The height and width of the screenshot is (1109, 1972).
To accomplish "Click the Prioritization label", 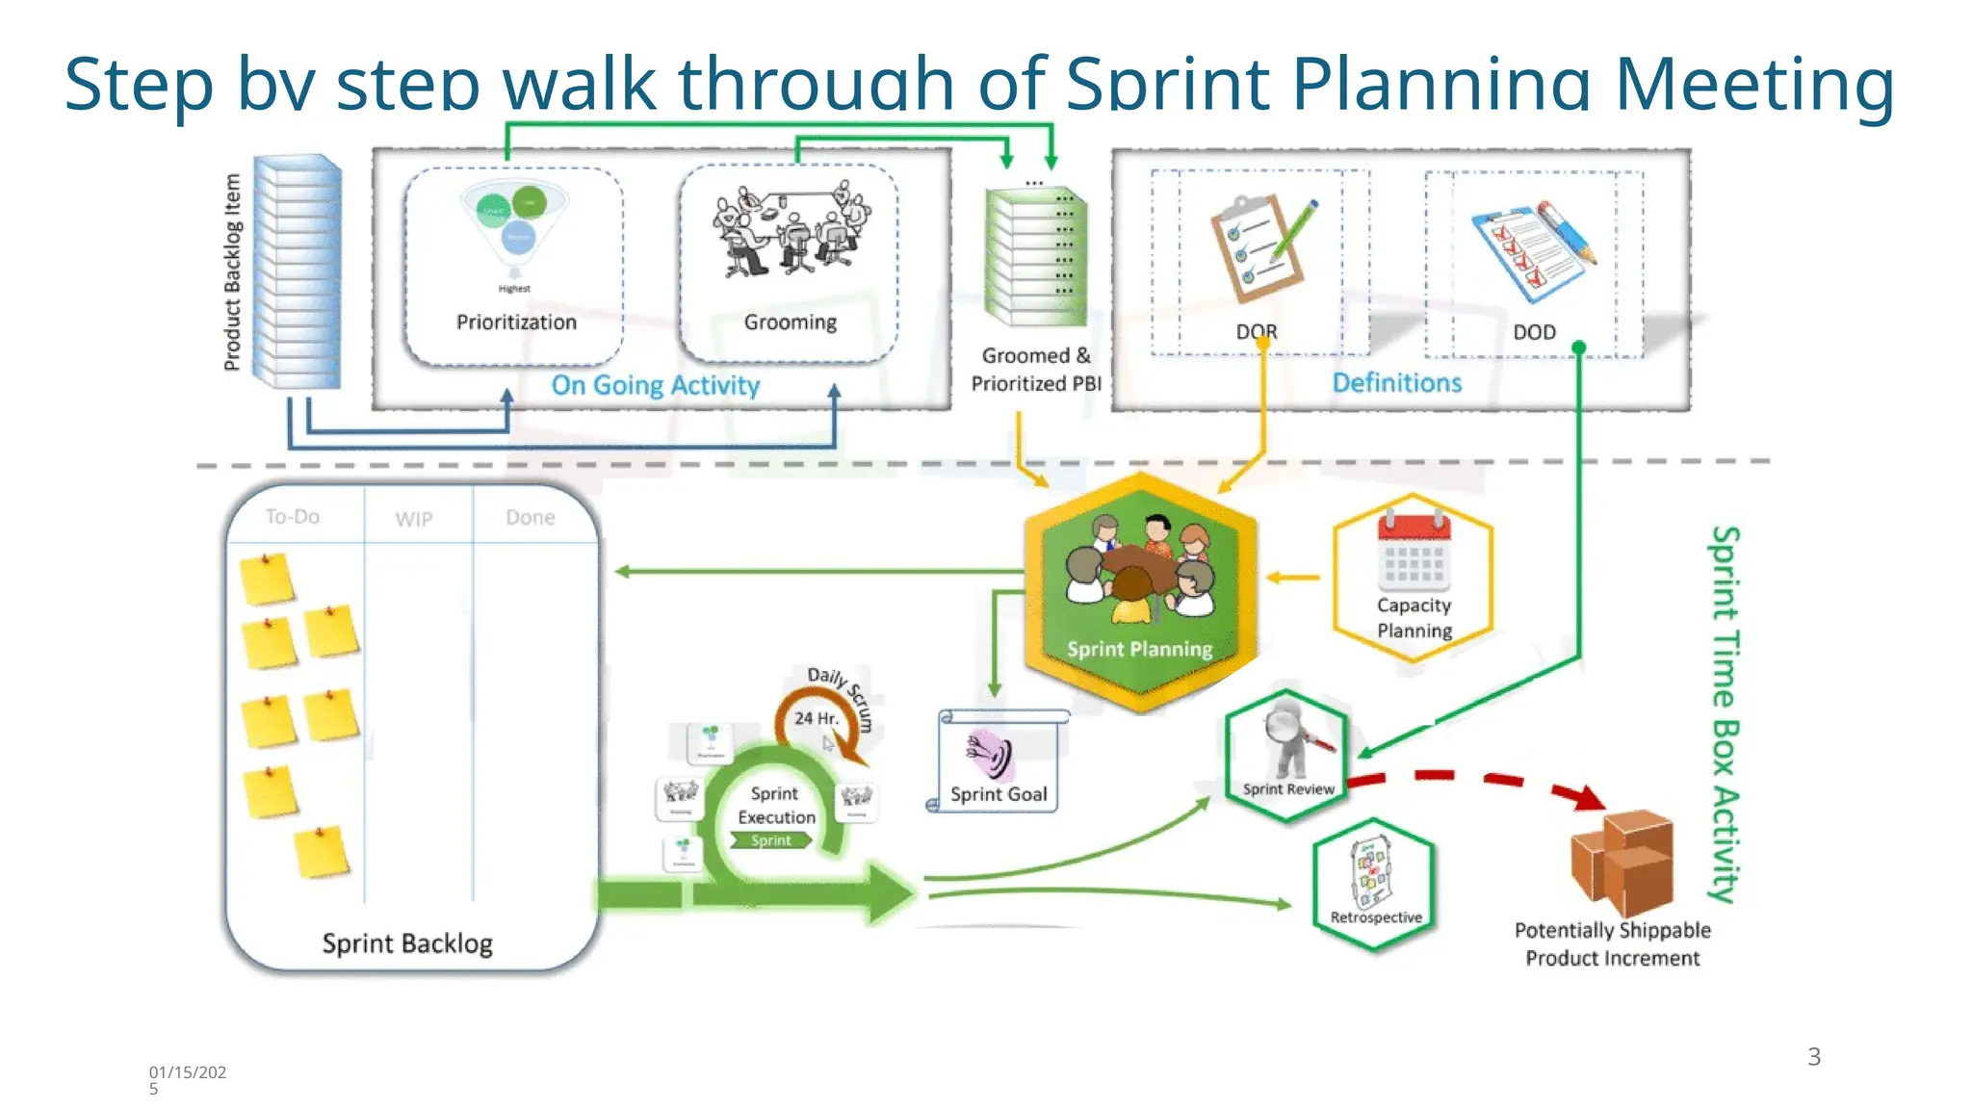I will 516,322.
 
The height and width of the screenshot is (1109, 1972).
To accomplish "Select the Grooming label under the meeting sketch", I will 790,322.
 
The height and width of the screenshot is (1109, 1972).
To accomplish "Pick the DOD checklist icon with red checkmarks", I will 1531,252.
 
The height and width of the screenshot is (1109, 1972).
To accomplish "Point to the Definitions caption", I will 1396,383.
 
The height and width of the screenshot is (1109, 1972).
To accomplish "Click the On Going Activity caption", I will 655,385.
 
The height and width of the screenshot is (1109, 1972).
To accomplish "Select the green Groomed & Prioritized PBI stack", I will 1035,256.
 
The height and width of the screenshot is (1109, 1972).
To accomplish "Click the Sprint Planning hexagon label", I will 1139,649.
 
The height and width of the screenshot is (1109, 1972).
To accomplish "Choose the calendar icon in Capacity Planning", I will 1414,553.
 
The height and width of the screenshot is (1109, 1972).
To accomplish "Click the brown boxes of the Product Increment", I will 1623,861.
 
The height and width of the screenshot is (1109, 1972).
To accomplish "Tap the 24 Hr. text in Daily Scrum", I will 816,718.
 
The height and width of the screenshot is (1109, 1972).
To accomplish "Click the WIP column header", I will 414,519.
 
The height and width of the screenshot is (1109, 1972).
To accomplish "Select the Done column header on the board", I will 531,518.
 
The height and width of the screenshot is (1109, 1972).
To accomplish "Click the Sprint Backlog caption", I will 407,943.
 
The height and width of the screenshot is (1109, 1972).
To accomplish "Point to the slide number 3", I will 1814,1057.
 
